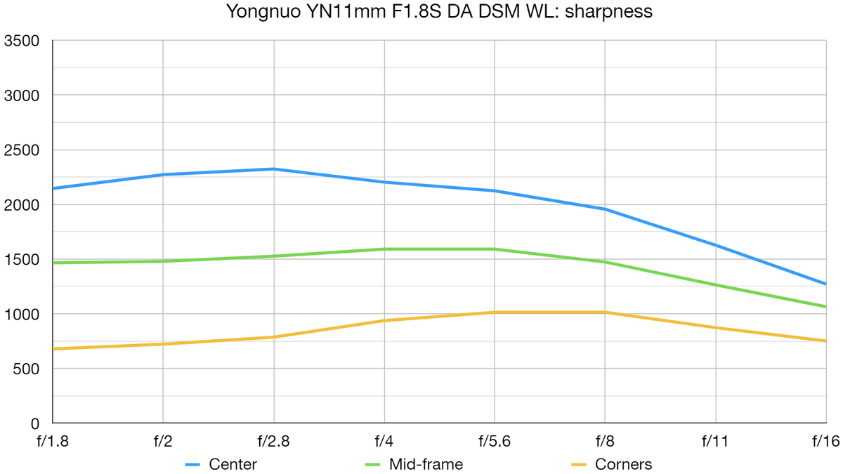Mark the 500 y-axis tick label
[24, 369]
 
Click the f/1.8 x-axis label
[53, 441]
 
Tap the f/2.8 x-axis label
[273, 441]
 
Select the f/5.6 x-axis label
[495, 441]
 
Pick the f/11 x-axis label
[716, 441]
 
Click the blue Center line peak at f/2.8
[273, 169]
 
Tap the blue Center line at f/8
[605, 209]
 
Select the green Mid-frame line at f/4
[384, 249]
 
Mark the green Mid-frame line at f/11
[716, 285]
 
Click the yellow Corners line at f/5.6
[495, 312]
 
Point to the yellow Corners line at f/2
[163, 344]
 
